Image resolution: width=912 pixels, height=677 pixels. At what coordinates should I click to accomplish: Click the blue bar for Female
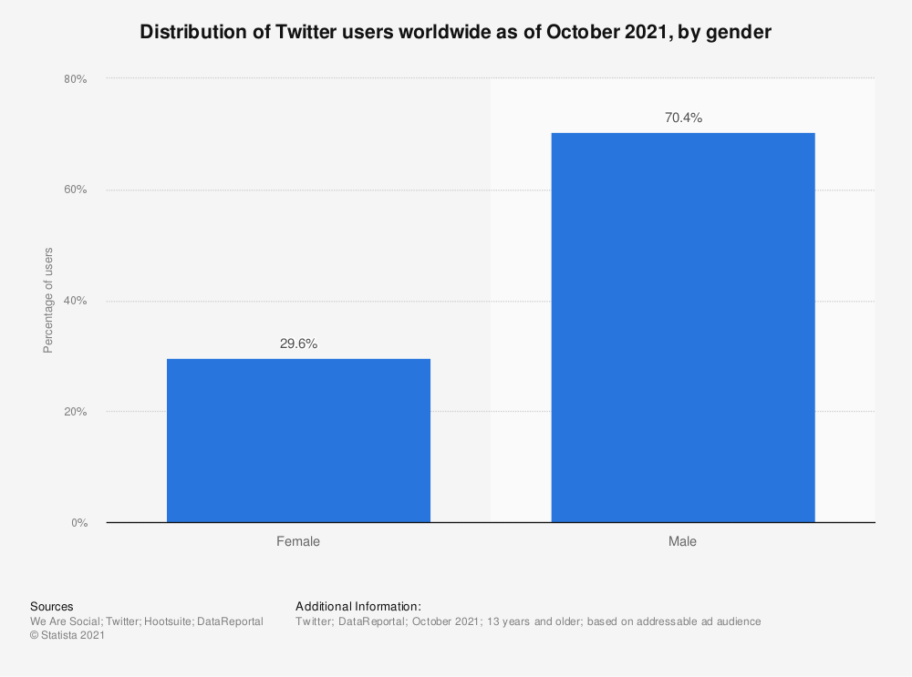click(x=298, y=440)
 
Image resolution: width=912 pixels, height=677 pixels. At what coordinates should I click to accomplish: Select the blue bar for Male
click(x=682, y=327)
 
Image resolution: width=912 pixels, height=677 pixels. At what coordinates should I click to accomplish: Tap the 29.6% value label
click(x=298, y=344)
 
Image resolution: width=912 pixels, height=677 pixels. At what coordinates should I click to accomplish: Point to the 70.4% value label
click(x=682, y=118)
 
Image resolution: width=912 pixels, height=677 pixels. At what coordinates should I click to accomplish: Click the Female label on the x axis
click(x=298, y=541)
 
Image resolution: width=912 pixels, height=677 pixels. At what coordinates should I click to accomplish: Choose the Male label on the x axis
click(x=682, y=541)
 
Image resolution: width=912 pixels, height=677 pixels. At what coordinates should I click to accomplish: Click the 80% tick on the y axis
click(x=75, y=79)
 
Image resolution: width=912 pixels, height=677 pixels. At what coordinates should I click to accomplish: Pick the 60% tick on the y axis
click(x=75, y=190)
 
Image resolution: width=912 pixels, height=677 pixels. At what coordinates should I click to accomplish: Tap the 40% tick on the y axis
click(x=75, y=301)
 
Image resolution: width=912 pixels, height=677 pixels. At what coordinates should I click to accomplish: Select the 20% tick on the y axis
click(x=75, y=412)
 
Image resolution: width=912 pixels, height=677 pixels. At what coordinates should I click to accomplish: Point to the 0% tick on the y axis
click(x=78, y=523)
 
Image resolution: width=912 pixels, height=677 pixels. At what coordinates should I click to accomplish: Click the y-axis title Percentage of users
click(x=48, y=300)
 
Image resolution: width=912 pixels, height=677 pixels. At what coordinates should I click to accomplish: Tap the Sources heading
click(x=52, y=606)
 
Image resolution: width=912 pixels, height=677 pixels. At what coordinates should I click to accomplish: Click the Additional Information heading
click(x=358, y=606)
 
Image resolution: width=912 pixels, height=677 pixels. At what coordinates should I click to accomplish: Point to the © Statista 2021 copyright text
click(x=67, y=636)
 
